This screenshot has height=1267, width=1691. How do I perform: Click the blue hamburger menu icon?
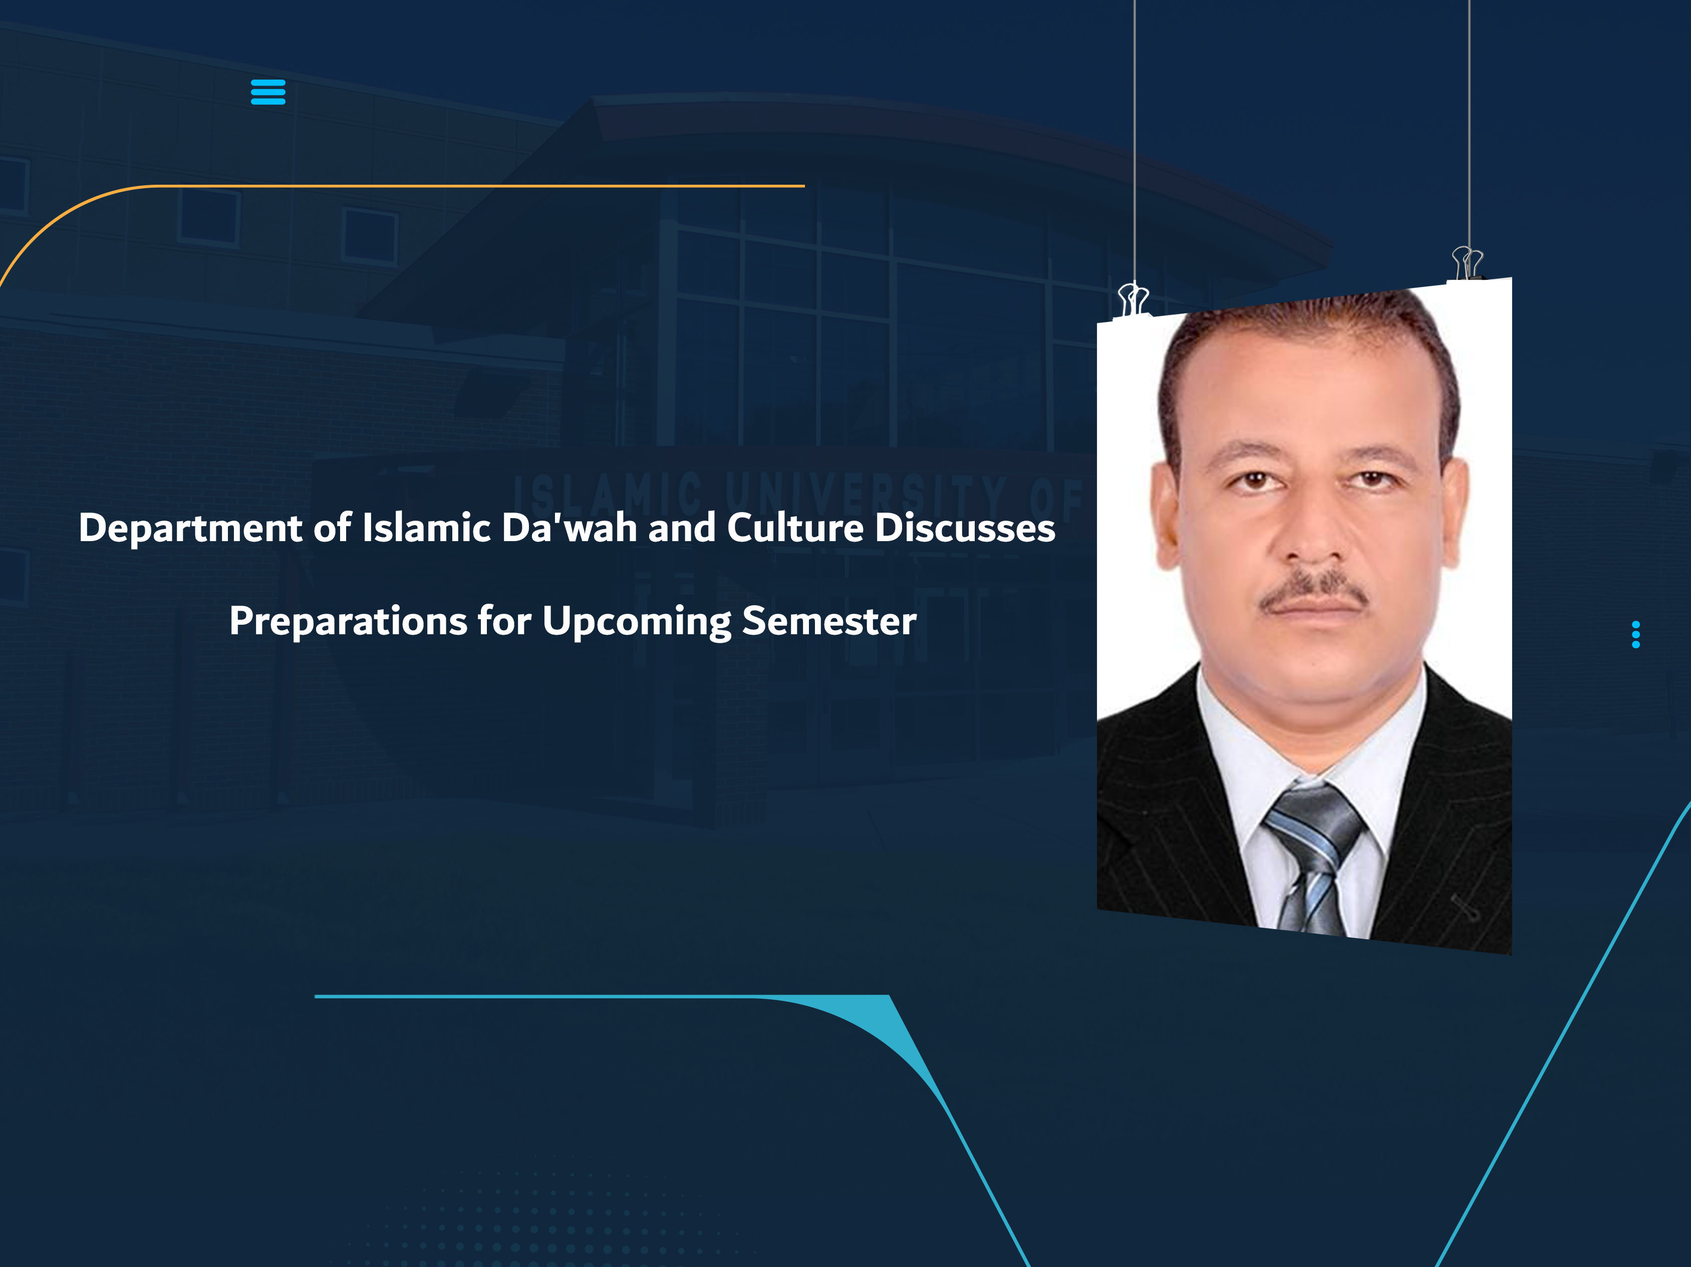coord(267,92)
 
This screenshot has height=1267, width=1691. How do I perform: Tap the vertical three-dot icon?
coord(1635,634)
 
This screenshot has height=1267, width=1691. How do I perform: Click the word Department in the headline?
coord(190,529)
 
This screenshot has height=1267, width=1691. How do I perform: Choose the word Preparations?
coord(348,621)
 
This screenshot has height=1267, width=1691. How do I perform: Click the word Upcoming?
coord(636,621)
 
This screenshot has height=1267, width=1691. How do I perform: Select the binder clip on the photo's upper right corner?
coord(1467,263)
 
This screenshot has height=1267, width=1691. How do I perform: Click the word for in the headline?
coord(504,621)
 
